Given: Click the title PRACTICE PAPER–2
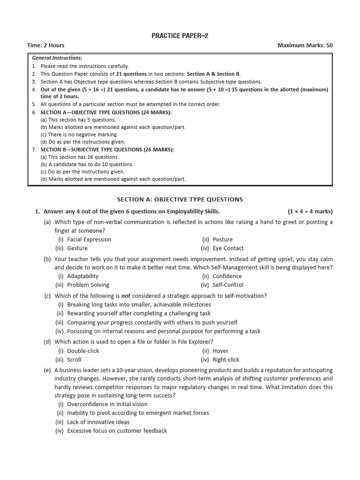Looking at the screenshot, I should coord(180,36).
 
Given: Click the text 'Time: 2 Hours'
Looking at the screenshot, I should coord(46,45).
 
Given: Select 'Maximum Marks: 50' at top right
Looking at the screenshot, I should coord(305,45).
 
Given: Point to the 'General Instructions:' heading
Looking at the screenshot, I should coord(57,58).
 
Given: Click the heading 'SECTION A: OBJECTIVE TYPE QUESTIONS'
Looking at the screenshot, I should coord(180,199).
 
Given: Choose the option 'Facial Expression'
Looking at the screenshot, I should coord(89,240).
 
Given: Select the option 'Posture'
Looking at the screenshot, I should coord(222,240).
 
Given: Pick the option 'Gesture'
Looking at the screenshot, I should coord(77,248).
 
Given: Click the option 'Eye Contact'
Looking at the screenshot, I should coord(228,248).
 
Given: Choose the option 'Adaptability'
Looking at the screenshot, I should coord(82,276).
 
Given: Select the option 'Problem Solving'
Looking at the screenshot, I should coord(88,285).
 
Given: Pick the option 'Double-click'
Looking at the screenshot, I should coord(83,351).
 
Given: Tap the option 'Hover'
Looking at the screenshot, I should coord(220,351).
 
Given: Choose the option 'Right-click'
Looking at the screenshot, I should coord(225,360).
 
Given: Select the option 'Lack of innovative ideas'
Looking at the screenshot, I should coord(98,422).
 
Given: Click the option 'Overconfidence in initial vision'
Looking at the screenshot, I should coord(107,404).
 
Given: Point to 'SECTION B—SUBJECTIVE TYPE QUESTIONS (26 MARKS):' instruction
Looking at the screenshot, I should coord(107,150).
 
